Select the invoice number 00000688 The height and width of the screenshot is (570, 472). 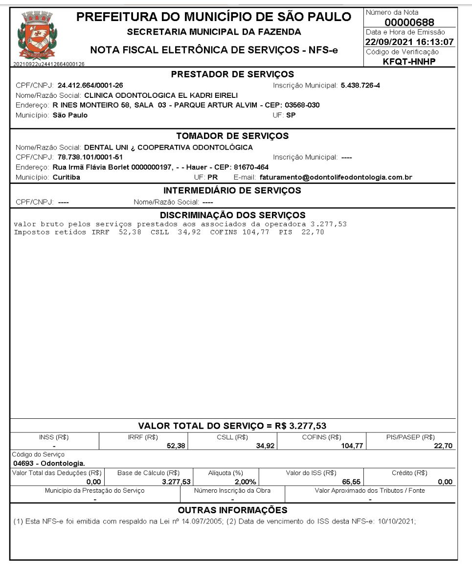(x=410, y=23)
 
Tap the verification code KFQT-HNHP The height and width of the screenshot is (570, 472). (x=410, y=61)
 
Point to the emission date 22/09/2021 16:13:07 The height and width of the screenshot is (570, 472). (x=410, y=42)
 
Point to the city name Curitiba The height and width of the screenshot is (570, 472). (x=67, y=177)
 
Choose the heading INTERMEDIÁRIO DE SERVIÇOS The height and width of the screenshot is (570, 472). (x=232, y=190)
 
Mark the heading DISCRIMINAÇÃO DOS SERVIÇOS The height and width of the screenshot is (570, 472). (x=233, y=215)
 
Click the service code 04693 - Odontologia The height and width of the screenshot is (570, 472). (x=42, y=463)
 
